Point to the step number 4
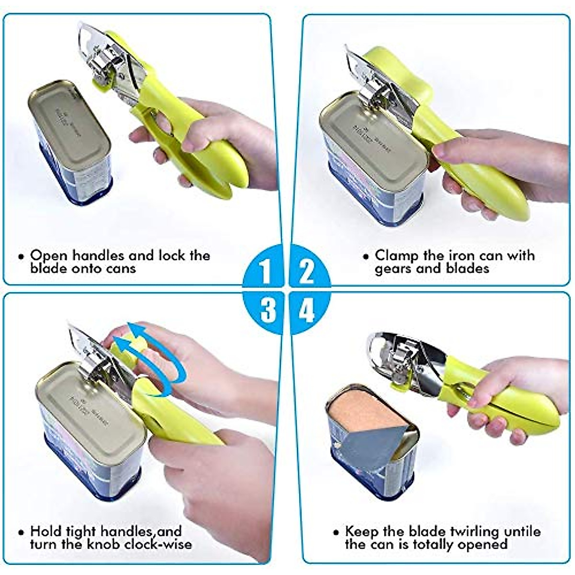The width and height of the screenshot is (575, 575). click(307, 310)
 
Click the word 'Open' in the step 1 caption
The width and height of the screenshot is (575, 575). click(46, 255)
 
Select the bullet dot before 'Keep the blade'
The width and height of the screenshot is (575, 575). click(337, 533)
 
